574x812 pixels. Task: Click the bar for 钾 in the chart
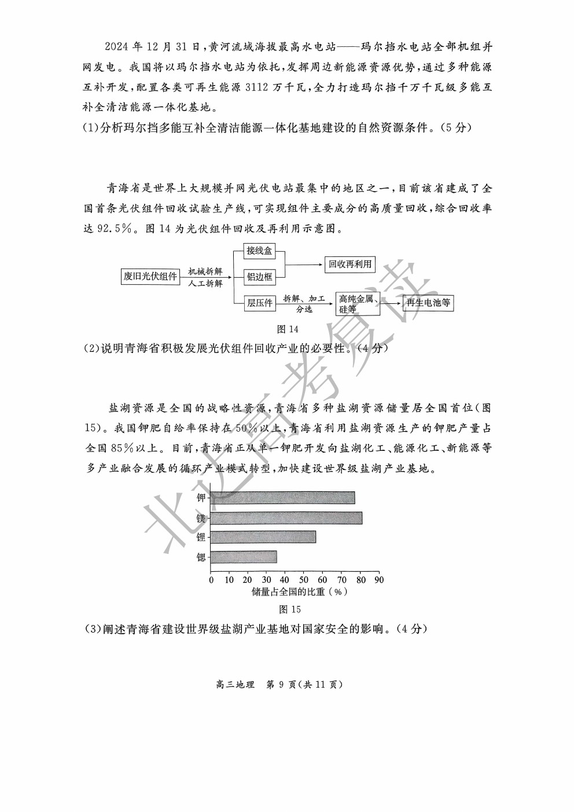(x=282, y=498)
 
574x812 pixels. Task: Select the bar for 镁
(x=286, y=518)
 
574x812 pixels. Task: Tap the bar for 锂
(x=263, y=537)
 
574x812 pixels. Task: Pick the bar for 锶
(x=244, y=557)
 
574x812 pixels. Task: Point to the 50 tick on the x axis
(x=304, y=580)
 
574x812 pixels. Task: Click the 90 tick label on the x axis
(x=378, y=580)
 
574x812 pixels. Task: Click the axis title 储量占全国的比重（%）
(x=299, y=592)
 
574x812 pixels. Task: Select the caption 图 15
(x=290, y=609)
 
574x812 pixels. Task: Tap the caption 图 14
(x=288, y=329)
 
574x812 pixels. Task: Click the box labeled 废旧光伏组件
(x=150, y=277)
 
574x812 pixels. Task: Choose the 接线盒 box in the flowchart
(x=259, y=251)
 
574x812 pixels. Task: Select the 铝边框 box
(x=259, y=277)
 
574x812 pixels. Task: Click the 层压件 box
(x=259, y=303)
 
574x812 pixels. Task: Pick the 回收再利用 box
(x=350, y=264)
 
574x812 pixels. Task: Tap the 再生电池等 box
(x=428, y=303)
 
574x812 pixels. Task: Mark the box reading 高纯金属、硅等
(x=358, y=304)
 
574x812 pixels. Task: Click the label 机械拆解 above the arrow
(x=205, y=271)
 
